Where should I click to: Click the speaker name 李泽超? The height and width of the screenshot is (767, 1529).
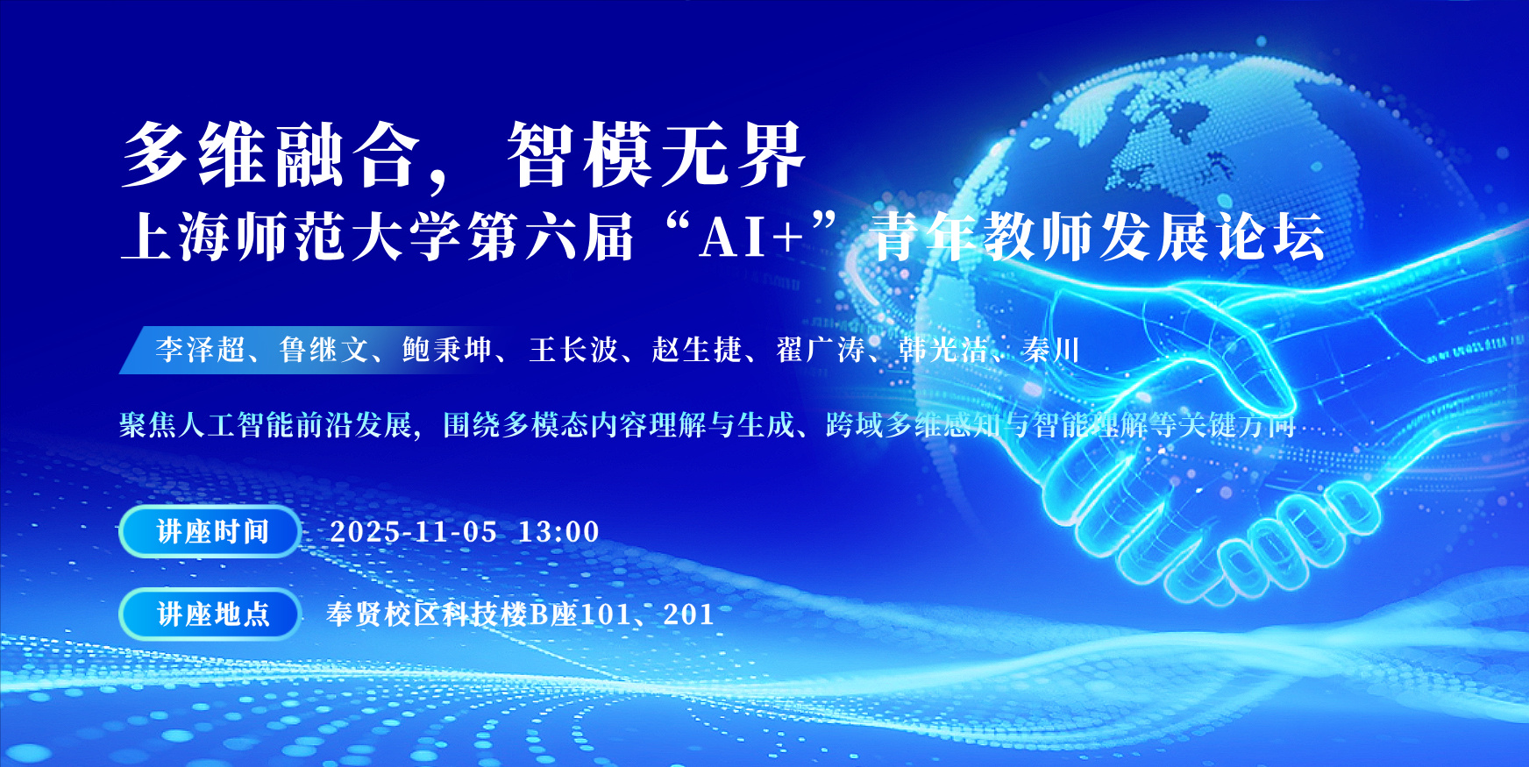[x=201, y=350]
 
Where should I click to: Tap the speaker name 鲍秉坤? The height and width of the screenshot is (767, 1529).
[x=447, y=350]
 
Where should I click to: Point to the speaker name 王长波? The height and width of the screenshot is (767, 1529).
[x=573, y=350]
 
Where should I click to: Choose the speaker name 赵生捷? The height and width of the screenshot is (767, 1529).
[x=697, y=350]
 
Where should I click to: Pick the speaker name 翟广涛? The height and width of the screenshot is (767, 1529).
[x=821, y=350]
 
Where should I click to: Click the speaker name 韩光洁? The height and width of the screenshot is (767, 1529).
[x=944, y=350]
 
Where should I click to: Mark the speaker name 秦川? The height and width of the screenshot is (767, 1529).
[x=1050, y=350]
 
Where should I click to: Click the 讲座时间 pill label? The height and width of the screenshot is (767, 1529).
[x=210, y=531]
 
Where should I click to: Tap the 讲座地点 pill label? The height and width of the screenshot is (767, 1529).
[x=210, y=614]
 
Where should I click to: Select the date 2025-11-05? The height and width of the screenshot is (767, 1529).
[x=414, y=531]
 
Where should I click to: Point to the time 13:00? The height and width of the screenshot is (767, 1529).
[x=558, y=531]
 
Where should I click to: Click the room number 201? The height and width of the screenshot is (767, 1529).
[x=688, y=614]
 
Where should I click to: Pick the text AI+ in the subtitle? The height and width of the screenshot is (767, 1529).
[x=750, y=238]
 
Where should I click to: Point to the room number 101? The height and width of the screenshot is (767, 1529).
[x=606, y=614]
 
